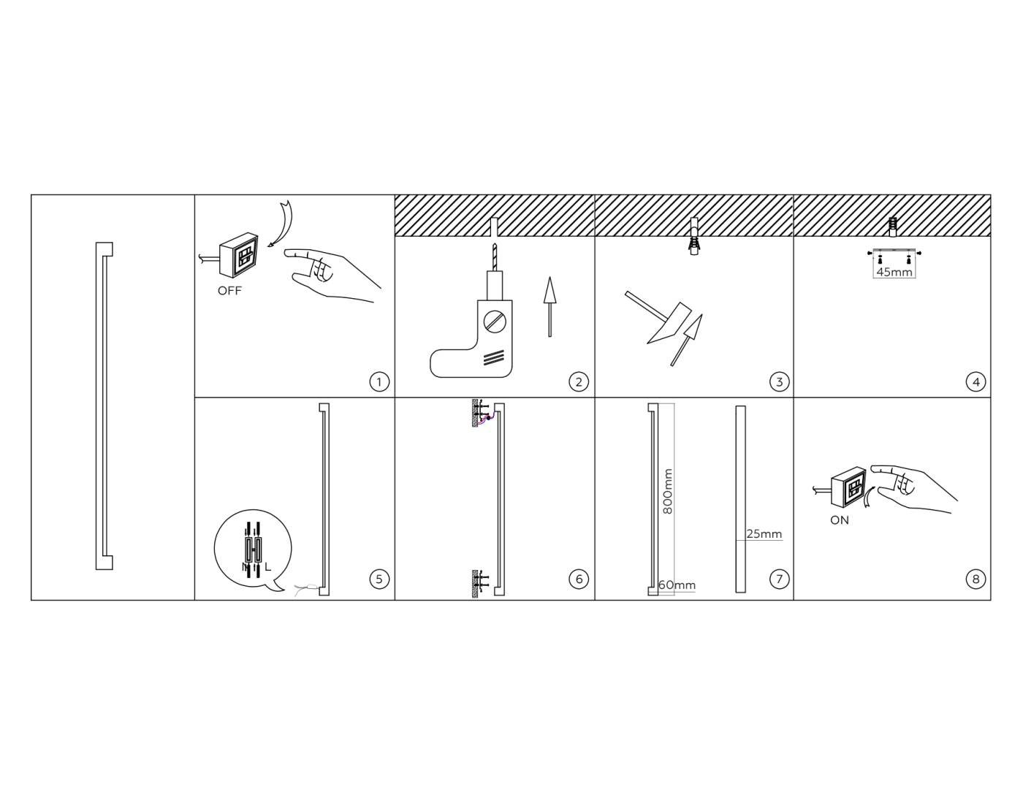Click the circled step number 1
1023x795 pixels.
coord(379,381)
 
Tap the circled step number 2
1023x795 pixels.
coord(579,381)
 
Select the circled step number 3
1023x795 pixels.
coord(779,381)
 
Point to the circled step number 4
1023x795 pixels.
coord(976,381)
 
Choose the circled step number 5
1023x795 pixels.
coord(379,579)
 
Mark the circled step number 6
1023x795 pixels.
coord(579,579)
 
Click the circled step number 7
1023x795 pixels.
coord(779,579)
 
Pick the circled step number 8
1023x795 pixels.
coord(976,579)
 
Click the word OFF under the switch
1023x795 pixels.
coord(229,291)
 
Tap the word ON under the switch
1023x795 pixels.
coord(840,520)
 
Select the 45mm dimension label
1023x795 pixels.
coord(894,272)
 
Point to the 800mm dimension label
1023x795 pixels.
coord(668,491)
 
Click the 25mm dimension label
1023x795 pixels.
coord(764,533)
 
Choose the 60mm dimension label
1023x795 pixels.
coord(677,585)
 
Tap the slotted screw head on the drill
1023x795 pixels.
coord(495,322)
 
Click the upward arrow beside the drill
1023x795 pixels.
coord(549,306)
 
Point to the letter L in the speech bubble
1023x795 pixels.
coord(268,567)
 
